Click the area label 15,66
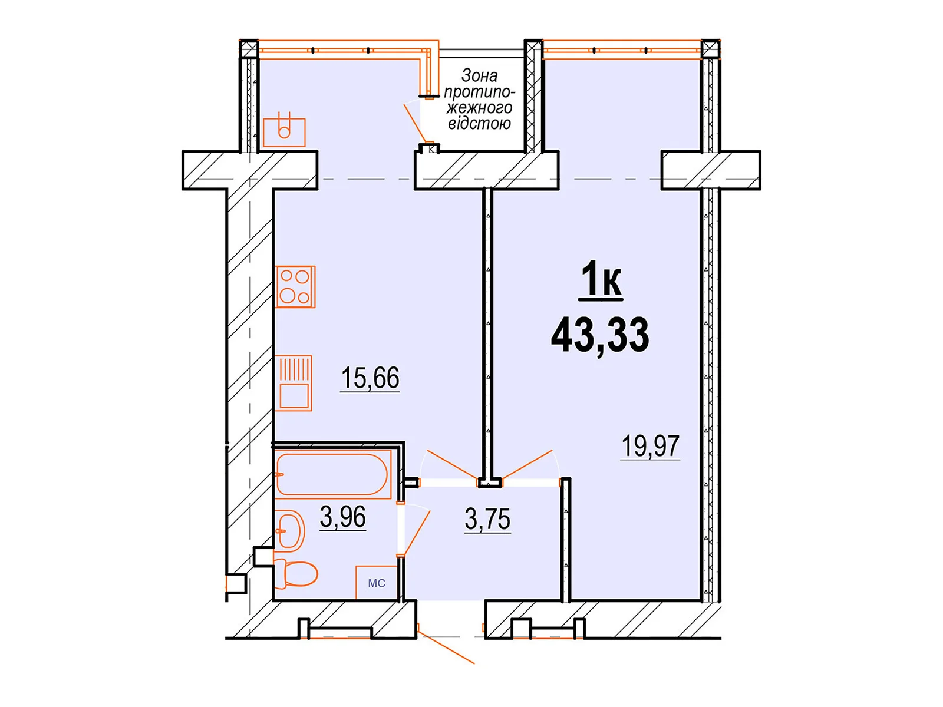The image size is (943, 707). click(x=370, y=378)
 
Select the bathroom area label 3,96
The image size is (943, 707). click(x=342, y=517)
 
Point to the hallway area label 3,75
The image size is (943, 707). click(x=487, y=520)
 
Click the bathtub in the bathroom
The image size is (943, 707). click(x=332, y=474)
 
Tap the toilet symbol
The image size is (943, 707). click(x=296, y=573)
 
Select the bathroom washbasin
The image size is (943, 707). click(x=289, y=531)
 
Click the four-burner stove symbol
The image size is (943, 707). click(x=295, y=287)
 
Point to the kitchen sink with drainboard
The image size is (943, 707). click(x=294, y=383)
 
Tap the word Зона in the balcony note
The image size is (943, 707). click(x=479, y=75)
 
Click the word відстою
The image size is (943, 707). click(x=479, y=123)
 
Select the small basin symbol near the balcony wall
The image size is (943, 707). click(x=284, y=130)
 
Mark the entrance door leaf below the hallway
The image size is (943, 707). click(x=446, y=647)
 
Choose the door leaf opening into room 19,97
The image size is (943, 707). click(x=527, y=464)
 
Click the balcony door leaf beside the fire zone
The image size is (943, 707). click(x=416, y=123)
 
